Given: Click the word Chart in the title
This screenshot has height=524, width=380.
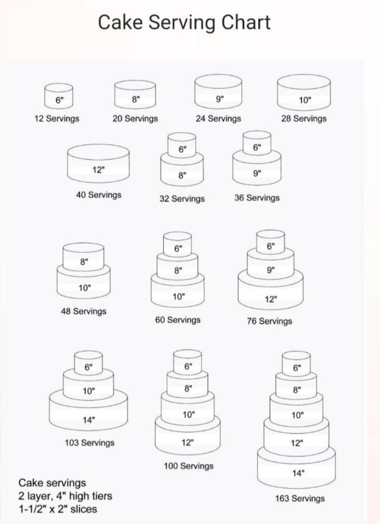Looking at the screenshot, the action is [x=246, y=22].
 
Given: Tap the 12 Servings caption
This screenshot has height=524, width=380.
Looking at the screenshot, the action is [x=57, y=119].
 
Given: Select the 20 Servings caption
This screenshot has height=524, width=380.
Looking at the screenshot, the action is [x=135, y=119].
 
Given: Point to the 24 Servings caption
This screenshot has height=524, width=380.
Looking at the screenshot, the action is [x=218, y=119].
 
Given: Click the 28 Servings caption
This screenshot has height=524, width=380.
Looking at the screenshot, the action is [x=304, y=119].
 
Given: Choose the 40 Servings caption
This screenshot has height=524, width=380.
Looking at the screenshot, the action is [x=99, y=195].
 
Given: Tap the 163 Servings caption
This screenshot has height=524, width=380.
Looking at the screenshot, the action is [x=300, y=499].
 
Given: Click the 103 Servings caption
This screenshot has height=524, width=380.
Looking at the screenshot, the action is [x=90, y=443].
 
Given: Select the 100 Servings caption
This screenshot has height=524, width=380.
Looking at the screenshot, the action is [x=189, y=466].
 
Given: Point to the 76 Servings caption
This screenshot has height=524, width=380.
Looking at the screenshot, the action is [x=269, y=321].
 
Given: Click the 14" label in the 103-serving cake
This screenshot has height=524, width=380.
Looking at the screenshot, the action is [x=89, y=420].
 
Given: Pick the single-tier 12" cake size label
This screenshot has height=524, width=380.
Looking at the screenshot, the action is [x=98, y=170].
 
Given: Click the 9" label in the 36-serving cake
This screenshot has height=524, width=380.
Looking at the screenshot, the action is [x=257, y=173].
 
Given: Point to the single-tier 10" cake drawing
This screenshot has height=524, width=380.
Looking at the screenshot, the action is [x=304, y=93].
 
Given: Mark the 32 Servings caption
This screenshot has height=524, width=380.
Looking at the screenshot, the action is [x=182, y=199].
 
